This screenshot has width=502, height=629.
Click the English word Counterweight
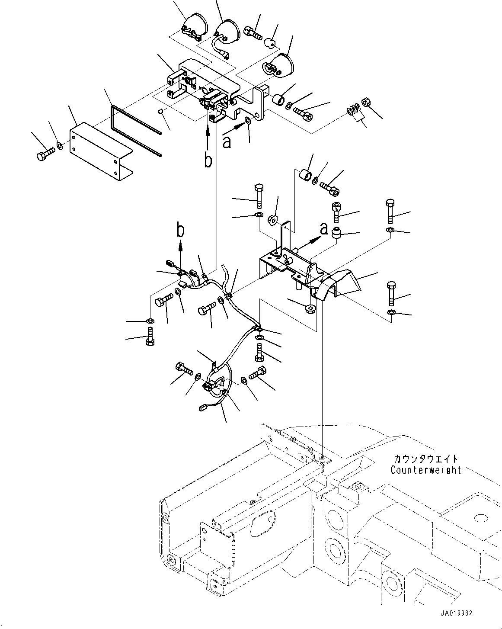click(425, 470)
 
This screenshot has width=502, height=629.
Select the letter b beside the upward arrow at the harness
click(180, 231)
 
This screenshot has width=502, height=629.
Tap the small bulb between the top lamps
click(270, 42)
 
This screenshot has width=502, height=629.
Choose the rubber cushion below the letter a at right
click(336, 232)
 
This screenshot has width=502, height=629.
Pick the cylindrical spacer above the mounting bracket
click(306, 175)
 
